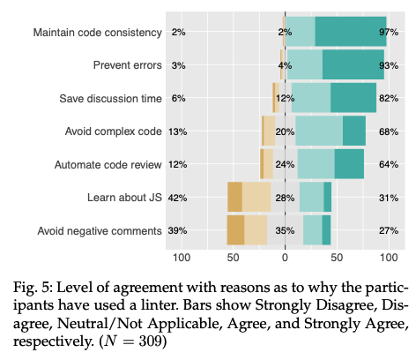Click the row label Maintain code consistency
click(x=98, y=33)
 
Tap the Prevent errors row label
click(x=128, y=65)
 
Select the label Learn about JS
click(x=124, y=198)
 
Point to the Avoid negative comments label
click(x=100, y=231)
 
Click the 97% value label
click(x=389, y=32)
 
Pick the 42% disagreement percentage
click(x=177, y=198)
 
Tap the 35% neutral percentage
click(x=285, y=230)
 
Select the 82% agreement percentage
click(x=389, y=98)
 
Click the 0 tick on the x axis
click(x=285, y=258)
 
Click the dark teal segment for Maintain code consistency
click(x=351, y=32)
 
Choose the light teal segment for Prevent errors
click(x=305, y=64)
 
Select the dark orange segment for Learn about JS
click(x=234, y=197)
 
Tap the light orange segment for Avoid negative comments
click(x=256, y=230)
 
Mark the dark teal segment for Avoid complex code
click(x=354, y=131)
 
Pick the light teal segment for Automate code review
click(x=316, y=164)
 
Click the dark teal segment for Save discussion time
click(x=353, y=98)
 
